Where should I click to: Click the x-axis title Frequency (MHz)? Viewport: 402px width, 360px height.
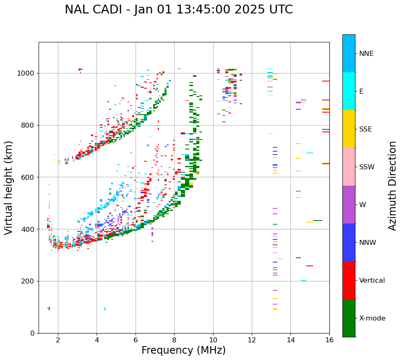click(183, 350)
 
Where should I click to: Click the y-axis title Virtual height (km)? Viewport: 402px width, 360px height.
click(9, 187)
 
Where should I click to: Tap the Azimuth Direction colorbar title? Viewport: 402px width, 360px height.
click(392, 186)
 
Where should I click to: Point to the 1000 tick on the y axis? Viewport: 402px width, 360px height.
click(28, 74)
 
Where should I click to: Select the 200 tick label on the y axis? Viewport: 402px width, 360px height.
click(29, 281)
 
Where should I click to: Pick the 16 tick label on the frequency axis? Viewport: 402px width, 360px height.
click(329, 340)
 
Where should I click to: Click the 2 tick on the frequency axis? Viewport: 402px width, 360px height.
click(58, 340)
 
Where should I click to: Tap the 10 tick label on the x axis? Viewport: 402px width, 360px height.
click(213, 340)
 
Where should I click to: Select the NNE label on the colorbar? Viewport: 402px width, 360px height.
click(366, 54)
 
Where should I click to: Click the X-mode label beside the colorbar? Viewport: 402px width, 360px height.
click(372, 318)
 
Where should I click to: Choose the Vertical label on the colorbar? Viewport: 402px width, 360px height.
click(372, 281)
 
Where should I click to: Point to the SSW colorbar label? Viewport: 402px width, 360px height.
click(367, 167)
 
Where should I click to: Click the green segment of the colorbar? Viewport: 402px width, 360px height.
click(349, 318)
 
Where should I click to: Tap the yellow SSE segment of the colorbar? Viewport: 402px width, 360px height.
click(349, 129)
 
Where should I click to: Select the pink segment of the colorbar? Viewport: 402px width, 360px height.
click(349, 167)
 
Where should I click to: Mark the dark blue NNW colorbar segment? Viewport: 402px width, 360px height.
click(349, 242)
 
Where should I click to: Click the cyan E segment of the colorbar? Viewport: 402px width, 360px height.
click(349, 91)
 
